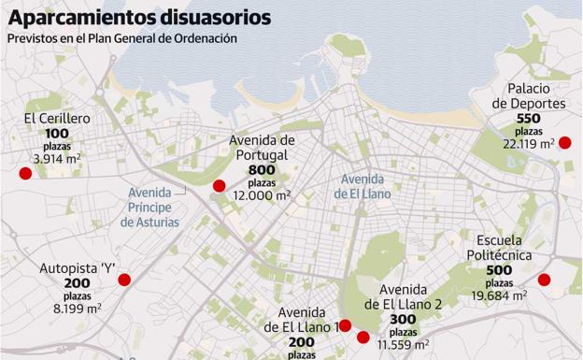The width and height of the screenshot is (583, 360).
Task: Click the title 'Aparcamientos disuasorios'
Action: pyautogui.click(x=140, y=17)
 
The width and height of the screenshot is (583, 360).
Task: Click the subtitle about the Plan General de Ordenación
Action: pyautogui.click(x=121, y=38)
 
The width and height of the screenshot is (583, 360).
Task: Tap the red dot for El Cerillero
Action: pyautogui.click(x=25, y=173)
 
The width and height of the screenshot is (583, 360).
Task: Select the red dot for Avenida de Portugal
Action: pyautogui.click(x=220, y=185)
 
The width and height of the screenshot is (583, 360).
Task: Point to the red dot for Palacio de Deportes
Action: pyautogui.click(x=564, y=143)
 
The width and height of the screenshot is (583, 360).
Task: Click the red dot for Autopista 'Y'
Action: pyautogui.click(x=124, y=280)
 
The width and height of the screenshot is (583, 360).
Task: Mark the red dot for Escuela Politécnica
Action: pyautogui.click(x=544, y=280)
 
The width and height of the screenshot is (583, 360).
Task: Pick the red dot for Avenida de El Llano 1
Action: pyautogui.click(x=345, y=325)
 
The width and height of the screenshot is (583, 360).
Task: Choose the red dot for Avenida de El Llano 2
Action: pyautogui.click(x=363, y=337)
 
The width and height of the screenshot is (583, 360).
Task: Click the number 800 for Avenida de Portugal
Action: pyautogui.click(x=263, y=170)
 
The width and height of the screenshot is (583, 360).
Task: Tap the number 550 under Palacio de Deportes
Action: pyautogui.click(x=528, y=119)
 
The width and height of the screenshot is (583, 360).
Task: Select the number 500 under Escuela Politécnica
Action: pyautogui.click(x=499, y=270)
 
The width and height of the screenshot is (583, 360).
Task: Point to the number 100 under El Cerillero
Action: pyautogui.click(x=57, y=135)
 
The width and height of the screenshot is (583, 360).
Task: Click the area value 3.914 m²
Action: pyautogui.click(x=58, y=160)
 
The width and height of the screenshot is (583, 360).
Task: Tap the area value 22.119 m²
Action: pyautogui.click(x=528, y=144)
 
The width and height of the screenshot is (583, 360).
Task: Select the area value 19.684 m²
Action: pyautogui.click(x=499, y=295)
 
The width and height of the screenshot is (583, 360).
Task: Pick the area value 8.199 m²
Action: pyautogui.click(x=78, y=308)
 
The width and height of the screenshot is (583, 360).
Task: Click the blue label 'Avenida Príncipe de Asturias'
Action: pyautogui.click(x=149, y=207)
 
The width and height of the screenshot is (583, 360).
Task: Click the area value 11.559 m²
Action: pyautogui.click(x=403, y=345)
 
